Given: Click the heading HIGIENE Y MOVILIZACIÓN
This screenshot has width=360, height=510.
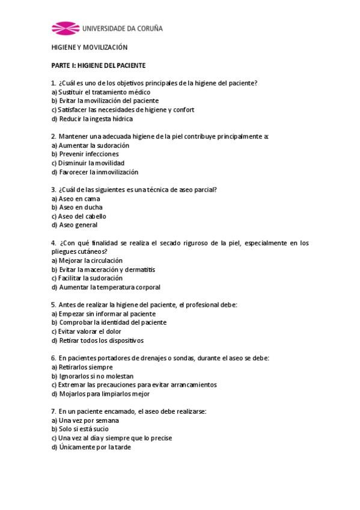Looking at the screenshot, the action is point(89,47).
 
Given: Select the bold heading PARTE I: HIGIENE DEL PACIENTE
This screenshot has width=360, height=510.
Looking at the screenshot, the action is point(99,65).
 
